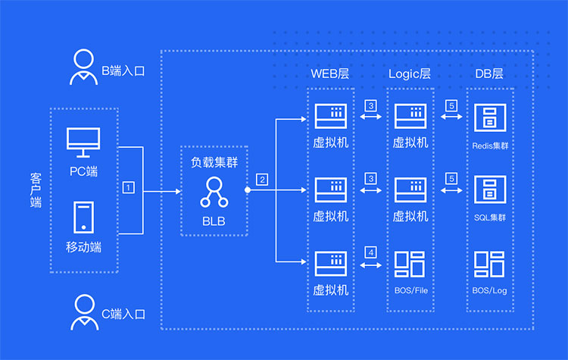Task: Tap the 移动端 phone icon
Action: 83,217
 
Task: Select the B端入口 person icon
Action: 83,69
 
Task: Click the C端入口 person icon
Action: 83,311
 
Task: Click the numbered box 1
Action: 129,186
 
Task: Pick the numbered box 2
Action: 262,180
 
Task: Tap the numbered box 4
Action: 370,252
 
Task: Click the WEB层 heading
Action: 331,74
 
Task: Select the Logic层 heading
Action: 410,74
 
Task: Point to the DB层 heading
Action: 488,74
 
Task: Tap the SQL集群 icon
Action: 488,189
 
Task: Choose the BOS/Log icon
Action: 488,262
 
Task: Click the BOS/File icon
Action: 410,262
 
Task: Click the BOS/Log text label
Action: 488,290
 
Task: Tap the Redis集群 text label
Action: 488,142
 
